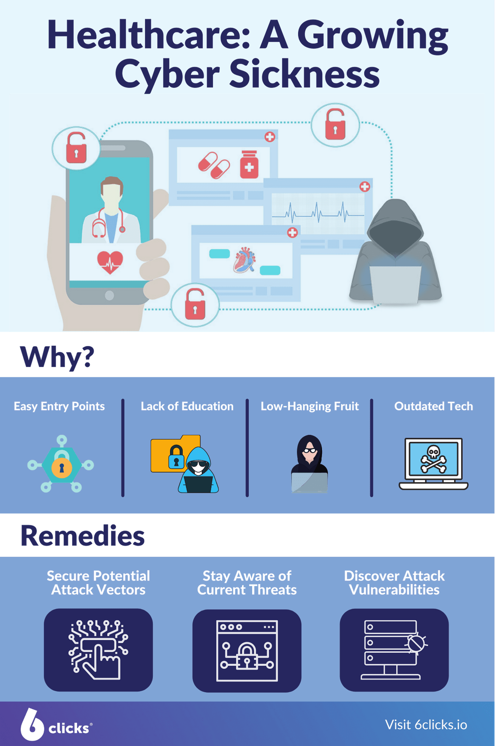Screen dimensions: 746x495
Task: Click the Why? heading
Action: coord(57,357)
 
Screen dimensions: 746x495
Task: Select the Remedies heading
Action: coord(82,536)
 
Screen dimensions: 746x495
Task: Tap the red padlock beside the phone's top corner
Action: coord(76,148)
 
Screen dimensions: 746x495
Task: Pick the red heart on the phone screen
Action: coord(110,262)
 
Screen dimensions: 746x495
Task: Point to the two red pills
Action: coord(214,165)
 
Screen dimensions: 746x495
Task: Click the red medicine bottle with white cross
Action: coord(249,165)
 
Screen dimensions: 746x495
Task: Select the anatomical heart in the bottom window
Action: coord(244,260)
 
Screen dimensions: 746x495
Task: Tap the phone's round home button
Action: coord(109,295)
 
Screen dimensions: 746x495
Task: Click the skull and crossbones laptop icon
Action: coord(433,463)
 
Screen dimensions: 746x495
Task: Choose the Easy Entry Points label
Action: coord(59,406)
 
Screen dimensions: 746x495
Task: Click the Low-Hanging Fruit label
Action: coord(309,406)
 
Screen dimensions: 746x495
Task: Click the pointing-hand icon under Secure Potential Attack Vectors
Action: coord(98,650)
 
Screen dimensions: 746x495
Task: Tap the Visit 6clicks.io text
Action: coord(426,725)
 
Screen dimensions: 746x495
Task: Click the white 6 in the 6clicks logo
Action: coord(32,725)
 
